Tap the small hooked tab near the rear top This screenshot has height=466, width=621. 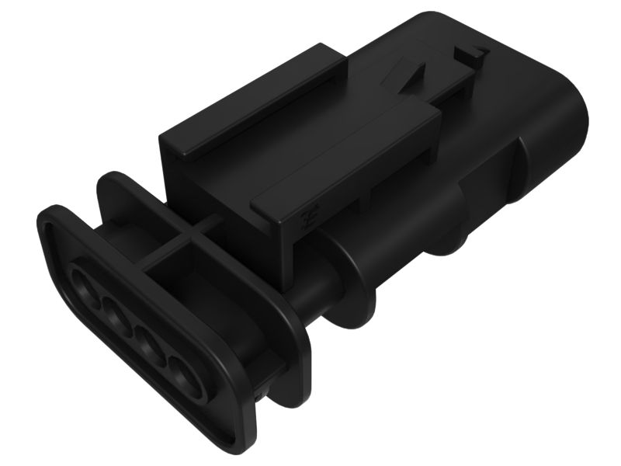471,54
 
